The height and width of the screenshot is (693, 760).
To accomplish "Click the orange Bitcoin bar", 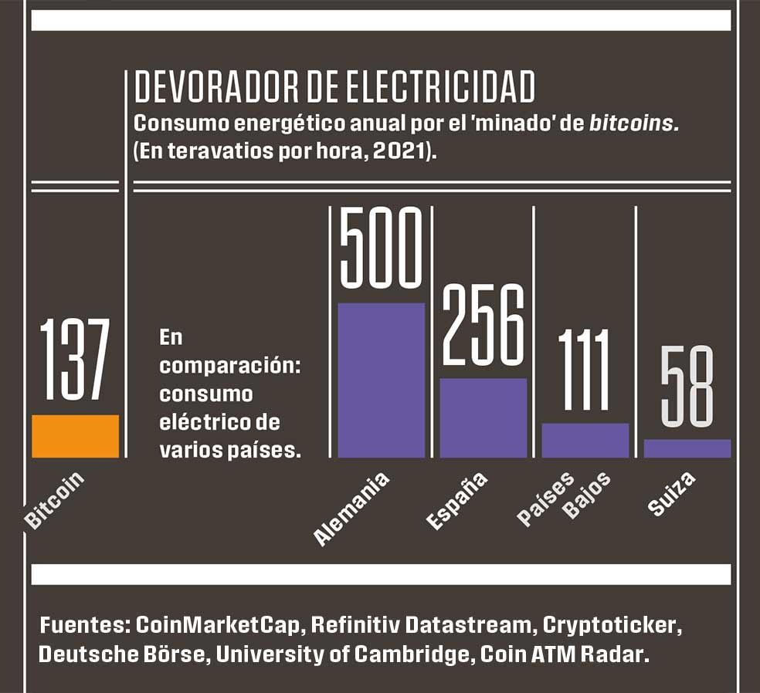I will pos(75,436).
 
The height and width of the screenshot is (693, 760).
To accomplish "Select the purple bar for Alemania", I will pos(381,380).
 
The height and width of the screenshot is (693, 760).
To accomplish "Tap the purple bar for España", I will pos(483,417).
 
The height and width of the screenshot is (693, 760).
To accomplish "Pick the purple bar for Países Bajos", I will pos(585,440).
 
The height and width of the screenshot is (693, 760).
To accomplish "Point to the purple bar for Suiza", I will pos(687,448).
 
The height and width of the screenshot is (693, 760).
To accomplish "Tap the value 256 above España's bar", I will pos(483,325).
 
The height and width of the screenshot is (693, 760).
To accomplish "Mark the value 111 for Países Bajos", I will pos(585,370).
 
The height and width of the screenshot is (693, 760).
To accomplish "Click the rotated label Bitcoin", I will pos(54,501).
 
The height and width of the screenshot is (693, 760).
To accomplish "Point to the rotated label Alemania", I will pos(352,510).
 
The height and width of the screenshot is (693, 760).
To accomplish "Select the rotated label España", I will pos(457,501).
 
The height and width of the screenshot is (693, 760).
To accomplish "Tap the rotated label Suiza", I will pos(672,493).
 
